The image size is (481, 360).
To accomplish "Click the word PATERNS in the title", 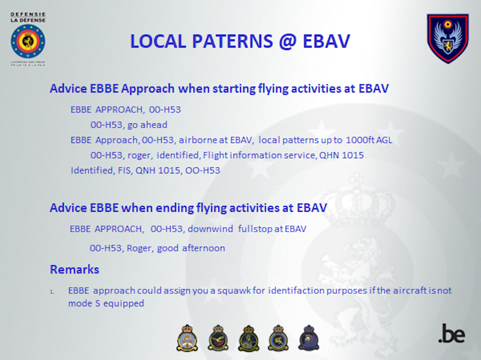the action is pyautogui.click(x=232, y=41).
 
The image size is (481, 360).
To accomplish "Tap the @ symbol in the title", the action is pyautogui.click(x=288, y=41).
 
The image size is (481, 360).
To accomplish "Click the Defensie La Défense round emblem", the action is pyautogui.click(x=28, y=41).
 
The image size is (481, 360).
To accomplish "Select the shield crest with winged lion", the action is pyautogui.click(x=448, y=38).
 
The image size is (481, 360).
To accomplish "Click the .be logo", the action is pyautogui.click(x=452, y=333).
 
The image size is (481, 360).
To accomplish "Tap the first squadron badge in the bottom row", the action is pyautogui.click(x=187, y=338).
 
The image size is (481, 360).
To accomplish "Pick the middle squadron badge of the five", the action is pyautogui.click(x=249, y=338).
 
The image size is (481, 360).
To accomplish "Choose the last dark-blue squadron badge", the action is pyautogui.click(x=309, y=338).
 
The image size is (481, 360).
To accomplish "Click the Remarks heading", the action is pyautogui.click(x=74, y=269).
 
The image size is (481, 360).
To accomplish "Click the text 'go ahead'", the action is pyautogui.click(x=147, y=125).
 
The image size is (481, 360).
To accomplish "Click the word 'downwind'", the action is pyautogui.click(x=211, y=229).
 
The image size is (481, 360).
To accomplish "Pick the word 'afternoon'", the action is pyautogui.click(x=204, y=248).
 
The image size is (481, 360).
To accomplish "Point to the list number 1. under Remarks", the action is pyautogui.click(x=53, y=292).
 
